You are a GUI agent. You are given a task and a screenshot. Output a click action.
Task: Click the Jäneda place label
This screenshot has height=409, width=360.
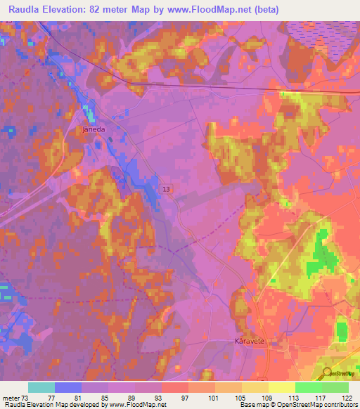coord(94,130)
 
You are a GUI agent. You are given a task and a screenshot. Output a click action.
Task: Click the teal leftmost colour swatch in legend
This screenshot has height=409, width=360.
coord(41,387)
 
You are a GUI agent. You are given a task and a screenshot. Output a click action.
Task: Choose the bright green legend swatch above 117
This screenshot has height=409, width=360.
coord(308,387)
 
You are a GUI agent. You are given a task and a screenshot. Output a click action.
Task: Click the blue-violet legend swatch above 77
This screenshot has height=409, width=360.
coord(67,387)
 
